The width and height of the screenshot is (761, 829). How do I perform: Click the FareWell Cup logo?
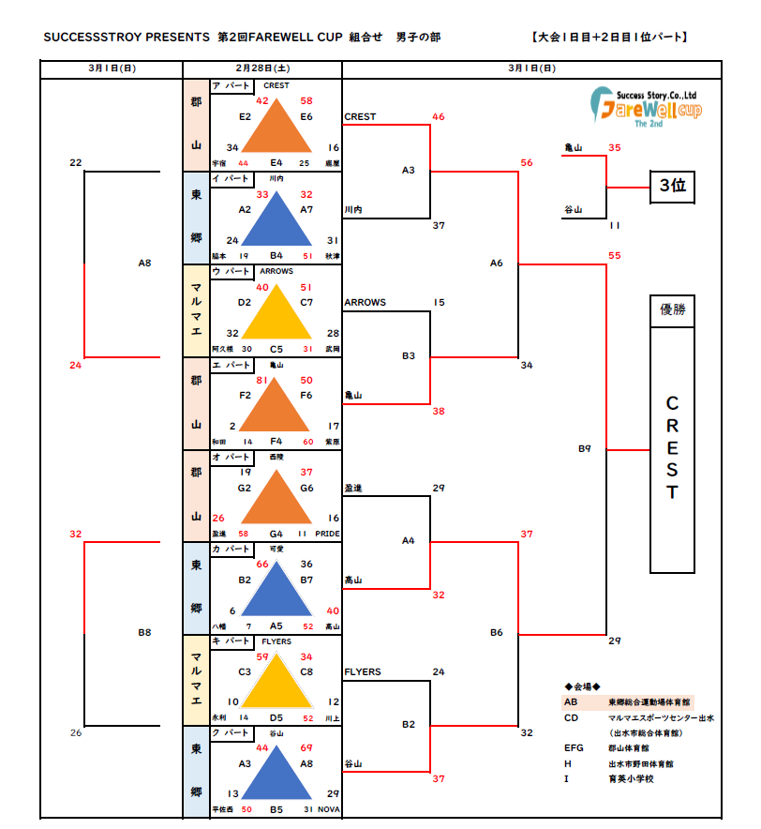(x=647, y=105)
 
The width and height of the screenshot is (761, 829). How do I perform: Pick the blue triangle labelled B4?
(x=276, y=221)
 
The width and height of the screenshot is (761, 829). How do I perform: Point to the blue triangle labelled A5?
(x=276, y=591)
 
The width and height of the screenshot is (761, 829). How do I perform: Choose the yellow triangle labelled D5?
(x=276, y=684)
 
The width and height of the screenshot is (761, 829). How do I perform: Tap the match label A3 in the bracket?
(x=408, y=170)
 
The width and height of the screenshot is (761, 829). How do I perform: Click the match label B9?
(x=584, y=448)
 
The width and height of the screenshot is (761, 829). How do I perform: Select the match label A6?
(x=497, y=263)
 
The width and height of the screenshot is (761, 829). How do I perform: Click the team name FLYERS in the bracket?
(x=363, y=672)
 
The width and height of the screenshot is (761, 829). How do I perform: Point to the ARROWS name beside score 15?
(x=365, y=303)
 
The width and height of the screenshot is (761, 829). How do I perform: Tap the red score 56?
(x=527, y=163)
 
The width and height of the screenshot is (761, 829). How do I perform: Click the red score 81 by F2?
(x=262, y=381)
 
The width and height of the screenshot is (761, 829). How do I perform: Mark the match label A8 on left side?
(x=144, y=264)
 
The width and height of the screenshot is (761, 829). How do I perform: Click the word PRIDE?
(x=328, y=534)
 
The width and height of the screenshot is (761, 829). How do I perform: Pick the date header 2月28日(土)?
(x=262, y=68)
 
